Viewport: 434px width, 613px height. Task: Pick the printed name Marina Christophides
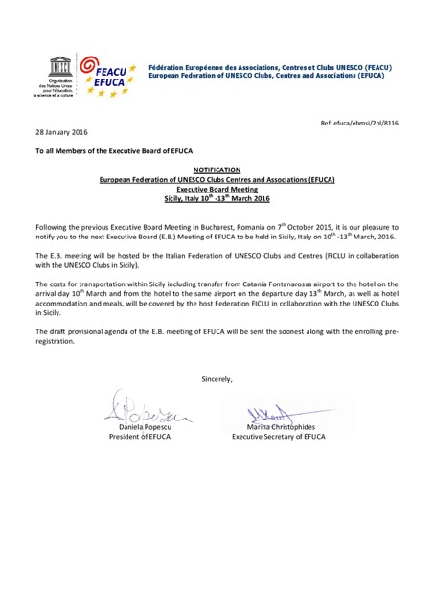click(x=287, y=427)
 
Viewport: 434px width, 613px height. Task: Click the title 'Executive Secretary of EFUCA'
click(x=287, y=438)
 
